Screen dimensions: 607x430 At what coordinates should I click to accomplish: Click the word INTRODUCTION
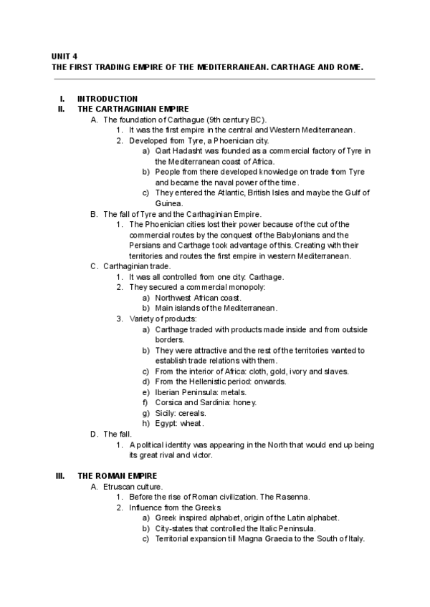pyautogui.click(x=107, y=99)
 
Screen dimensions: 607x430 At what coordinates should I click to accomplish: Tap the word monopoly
pyautogui.click(x=247, y=287)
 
